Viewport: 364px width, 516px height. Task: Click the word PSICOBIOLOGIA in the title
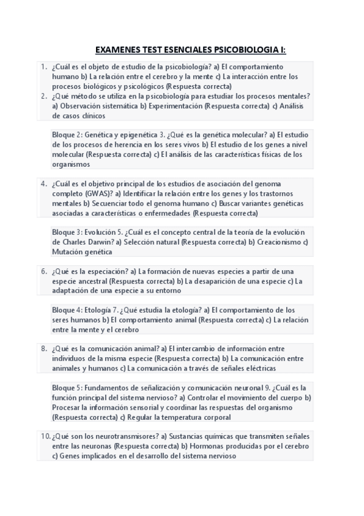click(x=230, y=49)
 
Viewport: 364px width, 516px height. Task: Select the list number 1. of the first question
click(x=44, y=67)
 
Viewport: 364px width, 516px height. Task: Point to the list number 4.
click(x=44, y=183)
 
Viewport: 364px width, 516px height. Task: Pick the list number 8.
click(x=44, y=349)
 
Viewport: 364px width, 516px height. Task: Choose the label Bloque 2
click(x=66, y=135)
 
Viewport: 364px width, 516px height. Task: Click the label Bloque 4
click(x=66, y=309)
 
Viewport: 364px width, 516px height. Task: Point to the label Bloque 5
click(x=66, y=388)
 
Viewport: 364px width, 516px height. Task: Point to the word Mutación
click(x=67, y=251)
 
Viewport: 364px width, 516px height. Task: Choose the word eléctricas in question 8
click(x=258, y=368)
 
